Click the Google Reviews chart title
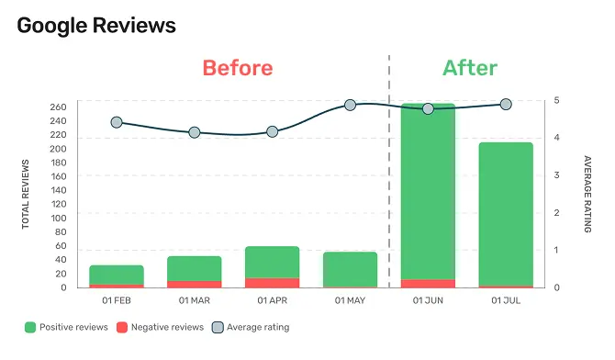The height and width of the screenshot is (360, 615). (96, 26)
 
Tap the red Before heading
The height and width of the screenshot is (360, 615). (238, 68)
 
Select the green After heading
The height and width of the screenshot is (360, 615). (470, 68)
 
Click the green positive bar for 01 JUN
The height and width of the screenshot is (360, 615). (428, 193)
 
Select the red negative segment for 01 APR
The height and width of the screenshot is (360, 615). (272, 283)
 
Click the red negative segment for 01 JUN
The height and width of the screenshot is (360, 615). (428, 283)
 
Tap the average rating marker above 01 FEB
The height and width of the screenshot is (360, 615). (117, 122)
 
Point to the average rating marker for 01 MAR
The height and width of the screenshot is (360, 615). (195, 132)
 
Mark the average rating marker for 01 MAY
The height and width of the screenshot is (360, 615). (350, 106)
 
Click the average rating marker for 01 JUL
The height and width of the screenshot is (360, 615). (506, 105)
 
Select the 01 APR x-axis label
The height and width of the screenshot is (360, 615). (273, 300)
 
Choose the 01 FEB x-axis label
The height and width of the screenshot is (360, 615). (117, 300)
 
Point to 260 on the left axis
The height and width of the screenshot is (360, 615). (58, 107)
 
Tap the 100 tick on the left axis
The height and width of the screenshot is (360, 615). (58, 218)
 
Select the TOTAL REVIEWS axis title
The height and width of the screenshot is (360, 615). (26, 194)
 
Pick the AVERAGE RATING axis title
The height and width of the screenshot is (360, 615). (588, 194)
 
